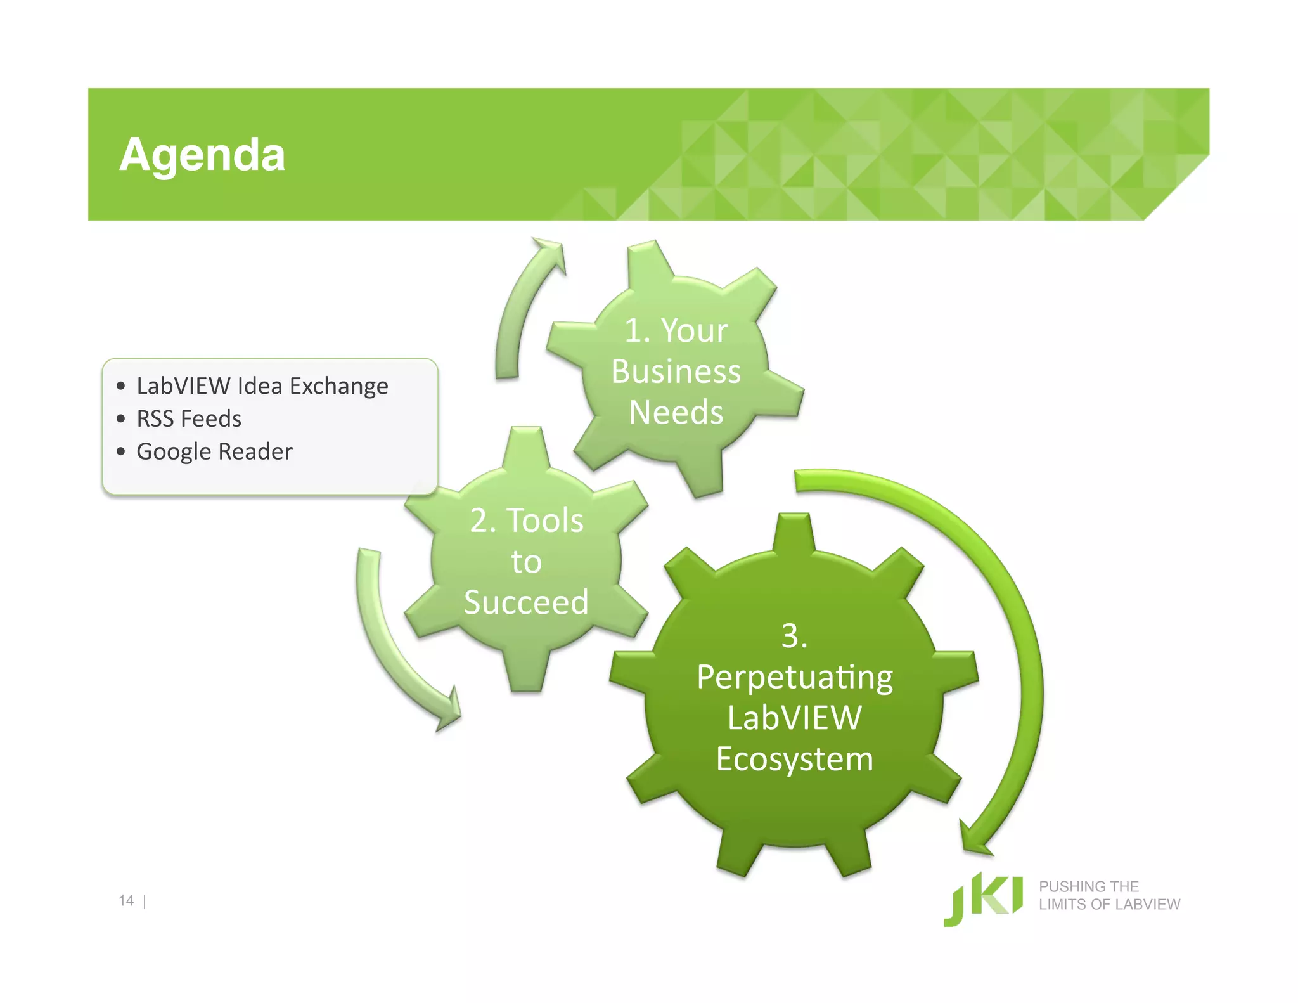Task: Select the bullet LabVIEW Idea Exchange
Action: pos(262,385)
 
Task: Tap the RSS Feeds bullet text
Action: pos(189,418)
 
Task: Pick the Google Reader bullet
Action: pos(214,451)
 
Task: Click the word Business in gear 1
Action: pos(676,372)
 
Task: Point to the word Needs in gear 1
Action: pos(676,412)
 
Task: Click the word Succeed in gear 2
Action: pos(526,602)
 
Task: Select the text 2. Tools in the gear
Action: pos(526,521)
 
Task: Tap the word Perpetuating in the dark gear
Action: pos(795,677)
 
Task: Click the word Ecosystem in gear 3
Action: pos(795,759)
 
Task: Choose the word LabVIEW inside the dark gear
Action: pos(795,718)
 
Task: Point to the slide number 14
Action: pos(126,901)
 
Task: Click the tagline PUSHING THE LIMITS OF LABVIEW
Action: pos(1109,895)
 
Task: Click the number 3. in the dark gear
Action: pos(795,636)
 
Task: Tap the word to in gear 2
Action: pos(526,562)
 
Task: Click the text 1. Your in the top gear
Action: pos(676,330)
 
